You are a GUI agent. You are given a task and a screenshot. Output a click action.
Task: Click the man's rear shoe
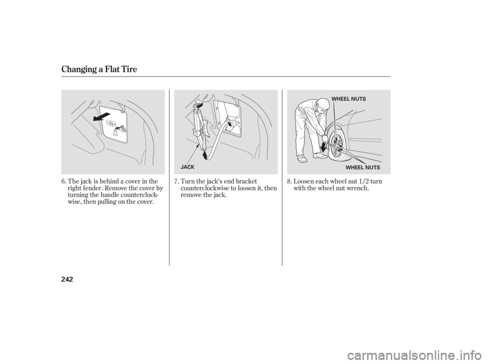(302, 159)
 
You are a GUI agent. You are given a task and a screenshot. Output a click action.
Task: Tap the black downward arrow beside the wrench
(323, 148)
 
